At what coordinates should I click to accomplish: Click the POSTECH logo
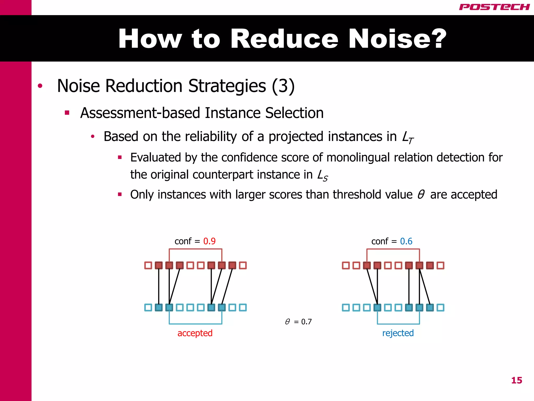pos(494,7)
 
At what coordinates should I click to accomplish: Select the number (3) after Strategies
pos(283,86)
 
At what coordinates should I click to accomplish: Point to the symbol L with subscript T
pos(407,137)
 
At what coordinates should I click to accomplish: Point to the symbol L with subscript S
pos(322,175)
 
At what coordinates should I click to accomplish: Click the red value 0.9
pos(209,241)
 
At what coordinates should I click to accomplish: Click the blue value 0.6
pos(406,241)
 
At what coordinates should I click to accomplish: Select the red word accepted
pos(195,333)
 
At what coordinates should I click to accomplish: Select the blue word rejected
pos(398,333)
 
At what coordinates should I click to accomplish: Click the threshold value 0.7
pos(306,322)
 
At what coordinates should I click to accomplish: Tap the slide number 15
pos(517,380)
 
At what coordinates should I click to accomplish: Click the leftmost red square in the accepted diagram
pos(148,266)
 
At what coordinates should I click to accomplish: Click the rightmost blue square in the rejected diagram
pos(440,308)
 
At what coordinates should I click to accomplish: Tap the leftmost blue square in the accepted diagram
pos(148,308)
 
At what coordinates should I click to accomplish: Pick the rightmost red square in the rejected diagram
pos(440,266)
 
